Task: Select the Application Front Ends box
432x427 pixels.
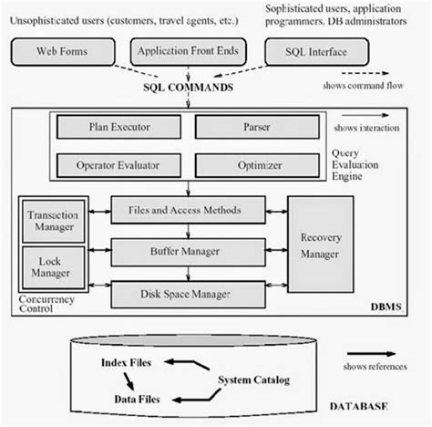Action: click(185, 52)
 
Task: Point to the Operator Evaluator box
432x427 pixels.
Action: click(126, 168)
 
